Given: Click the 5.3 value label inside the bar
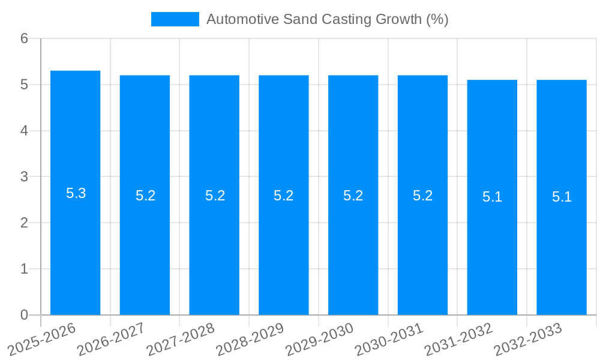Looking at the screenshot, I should pos(76,193).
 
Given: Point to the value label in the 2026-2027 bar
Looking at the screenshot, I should pos(145,196).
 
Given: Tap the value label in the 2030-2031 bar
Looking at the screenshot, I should pos(422,196).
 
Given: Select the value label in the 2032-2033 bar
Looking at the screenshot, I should pos(562,197).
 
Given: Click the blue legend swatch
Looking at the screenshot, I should pos(175,19).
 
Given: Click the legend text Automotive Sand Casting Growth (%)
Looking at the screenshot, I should pos(327,19).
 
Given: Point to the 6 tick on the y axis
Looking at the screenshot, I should pos(24,38).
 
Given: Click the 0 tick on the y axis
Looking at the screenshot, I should pos(24,315).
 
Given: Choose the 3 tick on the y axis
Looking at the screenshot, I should pos(24,177).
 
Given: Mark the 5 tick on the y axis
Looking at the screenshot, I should pos(24,85).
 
